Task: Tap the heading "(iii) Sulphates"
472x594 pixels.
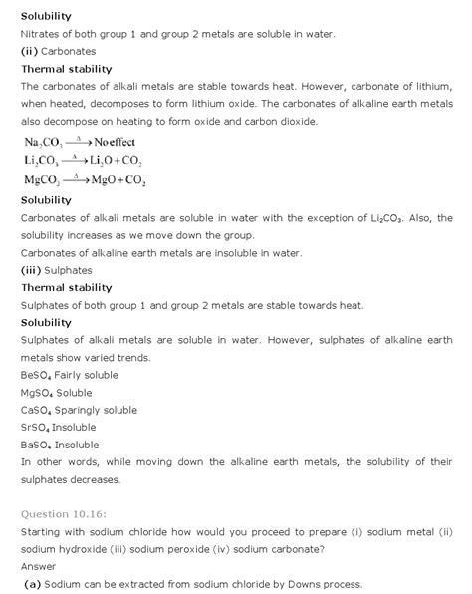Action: pos(57,270)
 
